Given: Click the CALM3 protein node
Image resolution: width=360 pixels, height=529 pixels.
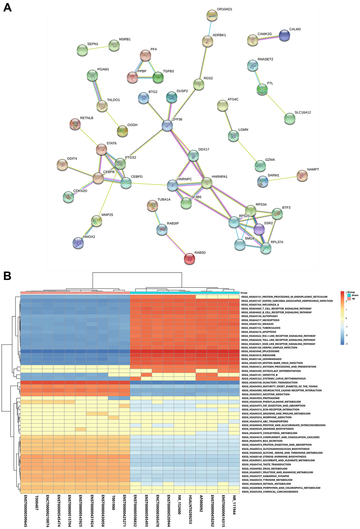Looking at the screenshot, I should coord(284,35).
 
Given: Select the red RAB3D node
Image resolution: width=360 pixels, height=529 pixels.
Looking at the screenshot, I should coord(190,259).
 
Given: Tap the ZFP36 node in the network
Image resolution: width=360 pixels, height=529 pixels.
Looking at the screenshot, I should coord(167,126).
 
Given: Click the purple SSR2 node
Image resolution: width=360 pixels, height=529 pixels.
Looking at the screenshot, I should coord(259,229).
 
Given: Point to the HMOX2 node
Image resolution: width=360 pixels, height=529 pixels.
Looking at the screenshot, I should coord(78,243).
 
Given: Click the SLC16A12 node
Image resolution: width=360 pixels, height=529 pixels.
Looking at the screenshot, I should coord(289,119).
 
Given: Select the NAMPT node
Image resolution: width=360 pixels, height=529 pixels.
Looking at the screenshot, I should coord(302,175).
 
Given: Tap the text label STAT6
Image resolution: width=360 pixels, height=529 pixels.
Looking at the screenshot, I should coord(112,144).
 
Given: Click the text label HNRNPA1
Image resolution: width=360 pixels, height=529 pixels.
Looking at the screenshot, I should coord(220,177).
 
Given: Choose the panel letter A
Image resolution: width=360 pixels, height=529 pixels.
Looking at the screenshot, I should coord(7,7).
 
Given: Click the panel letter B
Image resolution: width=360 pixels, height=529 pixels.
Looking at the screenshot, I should coord(7,276).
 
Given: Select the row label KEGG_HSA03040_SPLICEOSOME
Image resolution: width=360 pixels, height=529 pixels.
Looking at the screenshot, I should coord(260,351).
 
